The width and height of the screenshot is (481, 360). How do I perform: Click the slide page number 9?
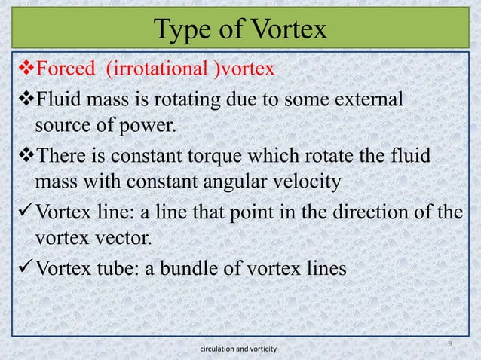click(x=449, y=343)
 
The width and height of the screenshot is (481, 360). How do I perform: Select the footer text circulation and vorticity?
click(x=239, y=349)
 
